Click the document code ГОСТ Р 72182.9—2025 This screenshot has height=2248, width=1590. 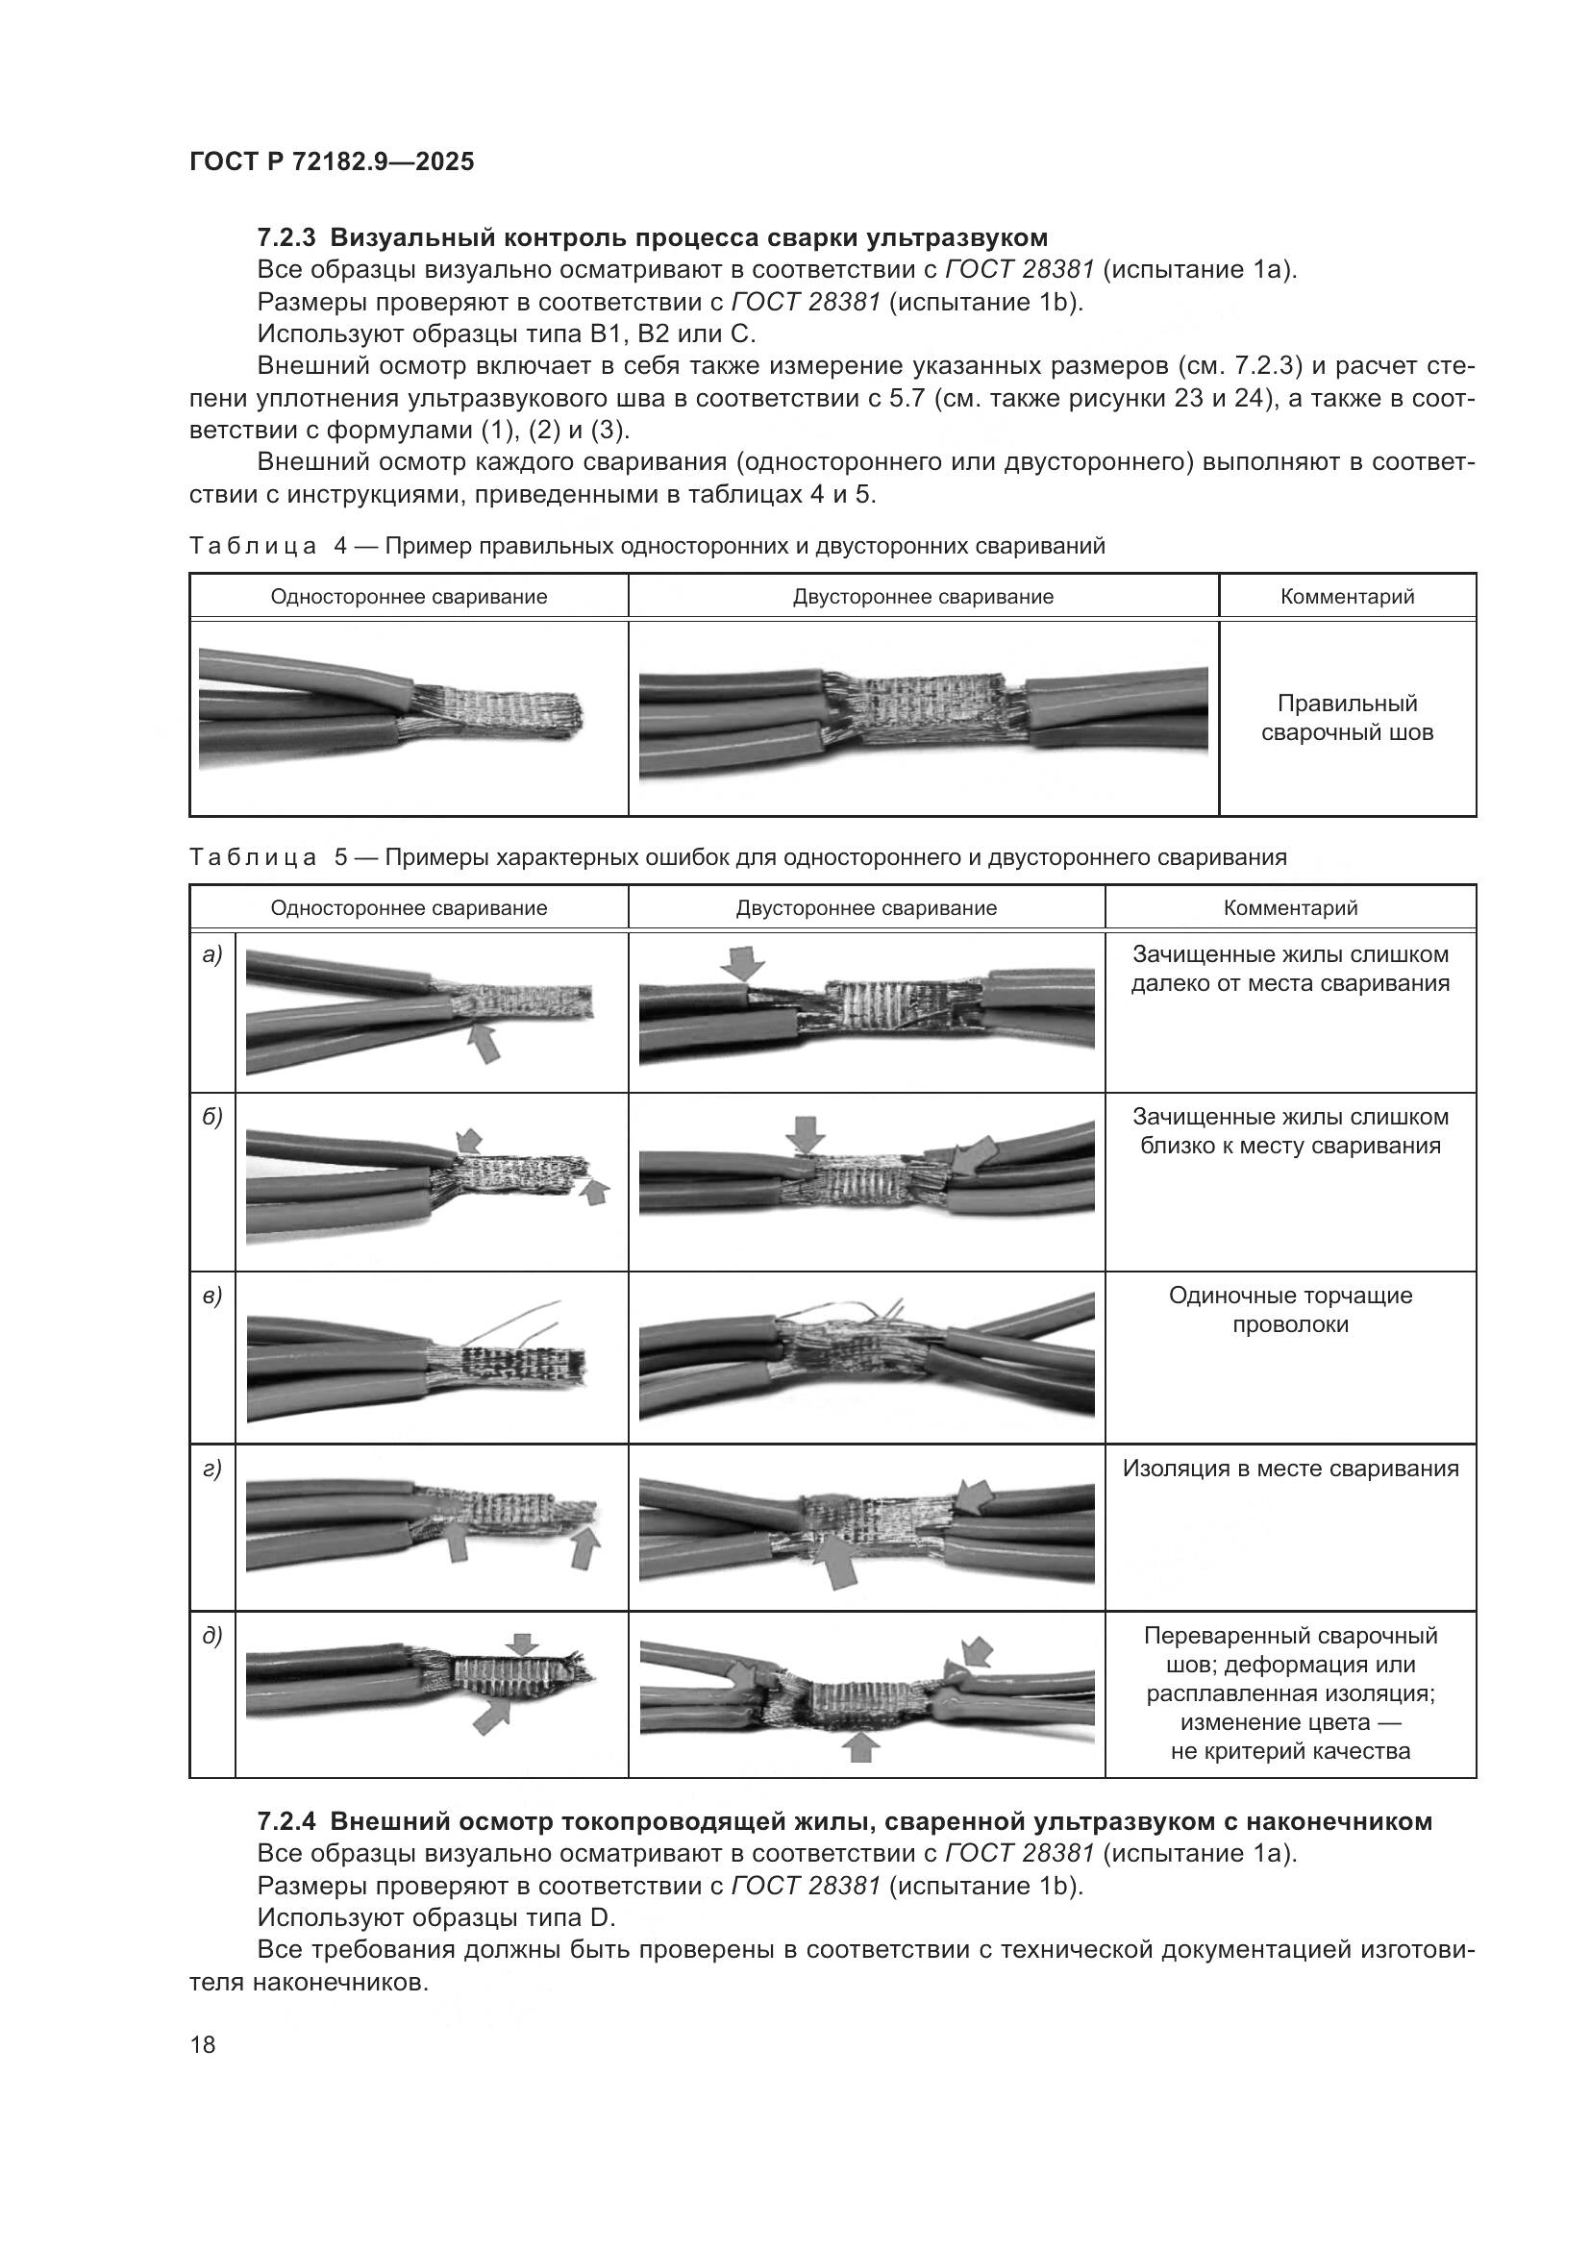point(331,161)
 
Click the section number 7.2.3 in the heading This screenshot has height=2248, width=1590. point(286,238)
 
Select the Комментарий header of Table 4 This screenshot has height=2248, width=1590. point(1346,596)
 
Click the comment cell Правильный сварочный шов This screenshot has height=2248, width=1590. point(1346,718)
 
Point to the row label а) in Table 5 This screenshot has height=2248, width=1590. point(211,953)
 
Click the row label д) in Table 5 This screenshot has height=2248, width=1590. point(211,1635)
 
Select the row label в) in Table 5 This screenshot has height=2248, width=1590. point(211,1297)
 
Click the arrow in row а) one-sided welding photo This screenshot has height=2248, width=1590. point(484,1042)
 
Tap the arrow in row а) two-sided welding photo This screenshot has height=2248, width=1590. point(743,963)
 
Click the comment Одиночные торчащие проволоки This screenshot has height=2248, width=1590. point(1289,1310)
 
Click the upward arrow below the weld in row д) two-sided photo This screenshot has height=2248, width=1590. point(859,1745)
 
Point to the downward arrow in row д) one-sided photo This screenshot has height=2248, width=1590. point(523,1643)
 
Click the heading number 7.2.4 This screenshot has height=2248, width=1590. point(286,1822)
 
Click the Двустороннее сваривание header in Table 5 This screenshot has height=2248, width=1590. point(865,907)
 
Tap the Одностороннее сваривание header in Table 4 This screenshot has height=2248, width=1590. point(409,596)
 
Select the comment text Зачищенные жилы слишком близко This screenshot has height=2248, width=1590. point(1289,1131)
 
